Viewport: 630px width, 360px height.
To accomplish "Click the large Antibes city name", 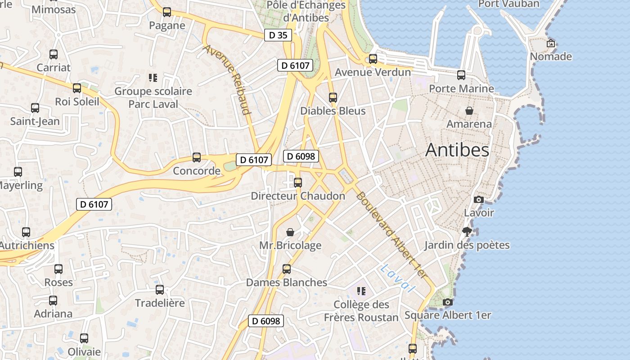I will tap(457, 150).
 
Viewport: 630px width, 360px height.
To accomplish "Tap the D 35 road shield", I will tap(278, 35).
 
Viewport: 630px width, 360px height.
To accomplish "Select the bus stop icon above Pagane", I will tap(167, 12).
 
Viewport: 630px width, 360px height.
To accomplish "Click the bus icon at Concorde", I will tap(197, 157).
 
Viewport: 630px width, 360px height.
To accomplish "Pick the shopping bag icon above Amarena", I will tap(469, 111).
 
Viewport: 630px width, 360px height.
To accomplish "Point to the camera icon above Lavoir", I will tap(478, 199).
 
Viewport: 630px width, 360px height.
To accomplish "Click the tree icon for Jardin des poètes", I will tap(467, 232).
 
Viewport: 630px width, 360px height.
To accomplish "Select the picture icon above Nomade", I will tap(550, 44).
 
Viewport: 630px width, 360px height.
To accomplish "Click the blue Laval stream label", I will tap(396, 279).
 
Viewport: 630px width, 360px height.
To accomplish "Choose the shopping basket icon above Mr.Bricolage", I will tap(290, 232).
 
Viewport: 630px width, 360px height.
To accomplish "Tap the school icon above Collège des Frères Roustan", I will tap(361, 291).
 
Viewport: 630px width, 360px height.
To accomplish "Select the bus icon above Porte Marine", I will tap(461, 75).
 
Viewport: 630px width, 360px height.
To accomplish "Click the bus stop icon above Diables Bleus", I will tap(333, 97).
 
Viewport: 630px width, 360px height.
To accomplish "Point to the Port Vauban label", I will tap(508, 4).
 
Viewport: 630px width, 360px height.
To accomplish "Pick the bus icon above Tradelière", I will tap(160, 289).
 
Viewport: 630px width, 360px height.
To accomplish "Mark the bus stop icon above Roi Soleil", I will tap(77, 88).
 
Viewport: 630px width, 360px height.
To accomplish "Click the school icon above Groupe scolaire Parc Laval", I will tap(153, 78).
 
